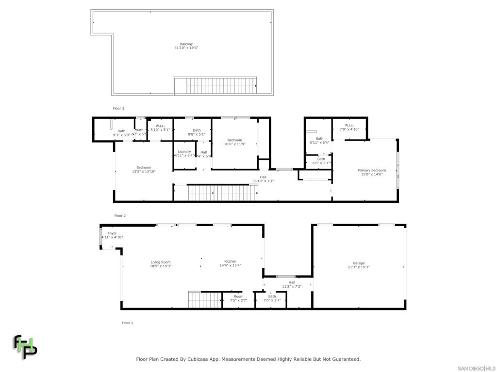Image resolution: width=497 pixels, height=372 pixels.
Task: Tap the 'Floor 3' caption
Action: tap(118, 108)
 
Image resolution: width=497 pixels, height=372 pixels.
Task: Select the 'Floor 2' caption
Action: tap(120, 216)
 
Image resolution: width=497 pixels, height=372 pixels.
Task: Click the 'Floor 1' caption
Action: tap(127, 323)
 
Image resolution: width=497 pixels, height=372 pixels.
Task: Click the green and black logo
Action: tap(25, 346)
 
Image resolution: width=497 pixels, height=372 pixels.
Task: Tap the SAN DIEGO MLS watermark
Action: tap(477, 368)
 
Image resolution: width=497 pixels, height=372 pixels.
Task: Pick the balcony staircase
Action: tap(221, 86)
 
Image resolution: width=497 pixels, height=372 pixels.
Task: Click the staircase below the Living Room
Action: tap(200, 300)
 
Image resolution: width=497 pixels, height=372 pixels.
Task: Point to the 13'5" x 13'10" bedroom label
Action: tap(144, 170)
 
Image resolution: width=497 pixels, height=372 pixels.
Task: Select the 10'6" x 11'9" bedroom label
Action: tap(235, 142)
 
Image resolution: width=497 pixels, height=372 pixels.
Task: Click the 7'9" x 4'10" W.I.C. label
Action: tap(349, 127)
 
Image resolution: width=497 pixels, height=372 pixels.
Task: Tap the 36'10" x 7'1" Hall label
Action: tap(263, 179)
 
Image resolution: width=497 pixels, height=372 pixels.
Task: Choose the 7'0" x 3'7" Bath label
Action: tap(272, 298)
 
